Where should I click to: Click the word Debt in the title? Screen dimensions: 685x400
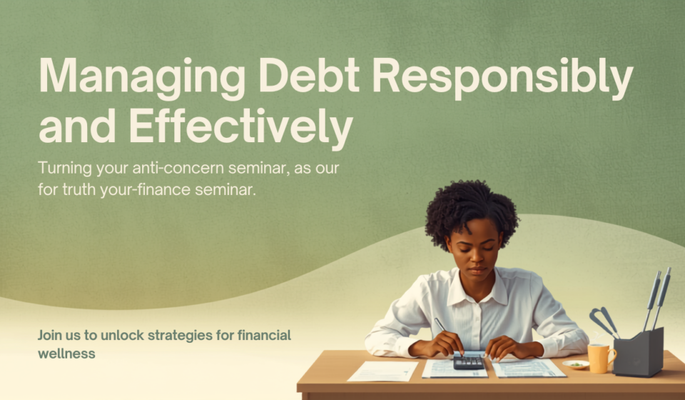pos(308,75)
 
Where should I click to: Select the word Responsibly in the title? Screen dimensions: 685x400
pos(502,79)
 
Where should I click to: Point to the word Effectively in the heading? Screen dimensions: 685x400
pos(241,126)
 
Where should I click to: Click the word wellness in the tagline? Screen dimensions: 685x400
pos(66,354)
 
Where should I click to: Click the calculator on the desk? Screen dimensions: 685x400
pos(468,362)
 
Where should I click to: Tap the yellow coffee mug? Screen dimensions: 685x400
pos(601,358)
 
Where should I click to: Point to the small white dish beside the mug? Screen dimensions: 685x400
pos(575,364)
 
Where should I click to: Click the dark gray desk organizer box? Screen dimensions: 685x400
pos(639,352)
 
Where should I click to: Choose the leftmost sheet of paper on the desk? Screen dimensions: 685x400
pos(382,371)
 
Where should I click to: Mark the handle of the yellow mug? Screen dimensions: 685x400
pos(612,356)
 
